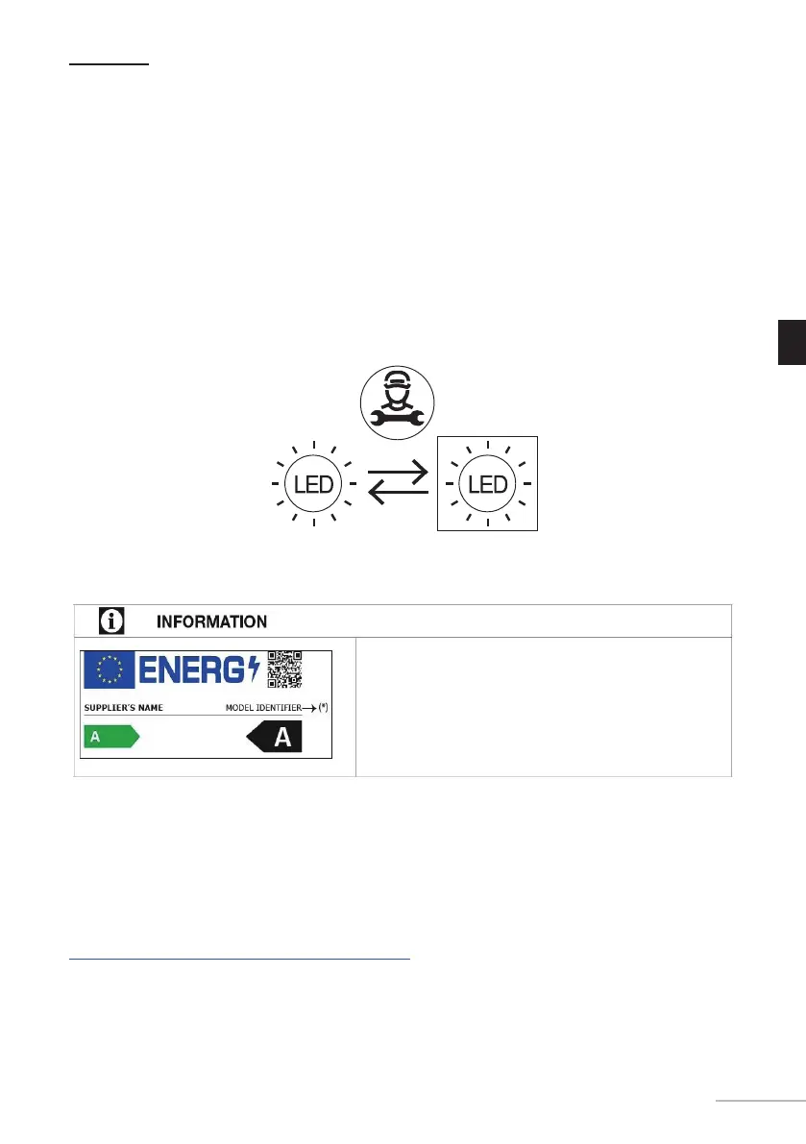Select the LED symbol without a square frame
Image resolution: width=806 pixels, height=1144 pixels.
[314, 483]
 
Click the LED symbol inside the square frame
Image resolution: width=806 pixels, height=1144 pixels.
[487, 483]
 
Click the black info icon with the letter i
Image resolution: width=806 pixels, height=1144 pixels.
[112, 621]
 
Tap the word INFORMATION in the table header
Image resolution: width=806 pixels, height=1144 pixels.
[211, 621]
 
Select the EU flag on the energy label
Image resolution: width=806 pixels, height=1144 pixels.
[109, 669]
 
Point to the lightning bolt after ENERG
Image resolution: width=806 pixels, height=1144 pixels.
[253, 669]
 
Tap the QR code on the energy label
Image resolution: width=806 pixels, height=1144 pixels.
[284, 669]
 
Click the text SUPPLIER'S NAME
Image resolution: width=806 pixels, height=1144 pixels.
[124, 708]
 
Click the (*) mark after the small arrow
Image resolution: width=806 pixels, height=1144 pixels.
[322, 708]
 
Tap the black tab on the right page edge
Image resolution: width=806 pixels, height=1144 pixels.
[791, 344]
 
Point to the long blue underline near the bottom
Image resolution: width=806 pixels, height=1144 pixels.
[239, 959]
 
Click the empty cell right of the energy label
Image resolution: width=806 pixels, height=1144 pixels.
[544, 705]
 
